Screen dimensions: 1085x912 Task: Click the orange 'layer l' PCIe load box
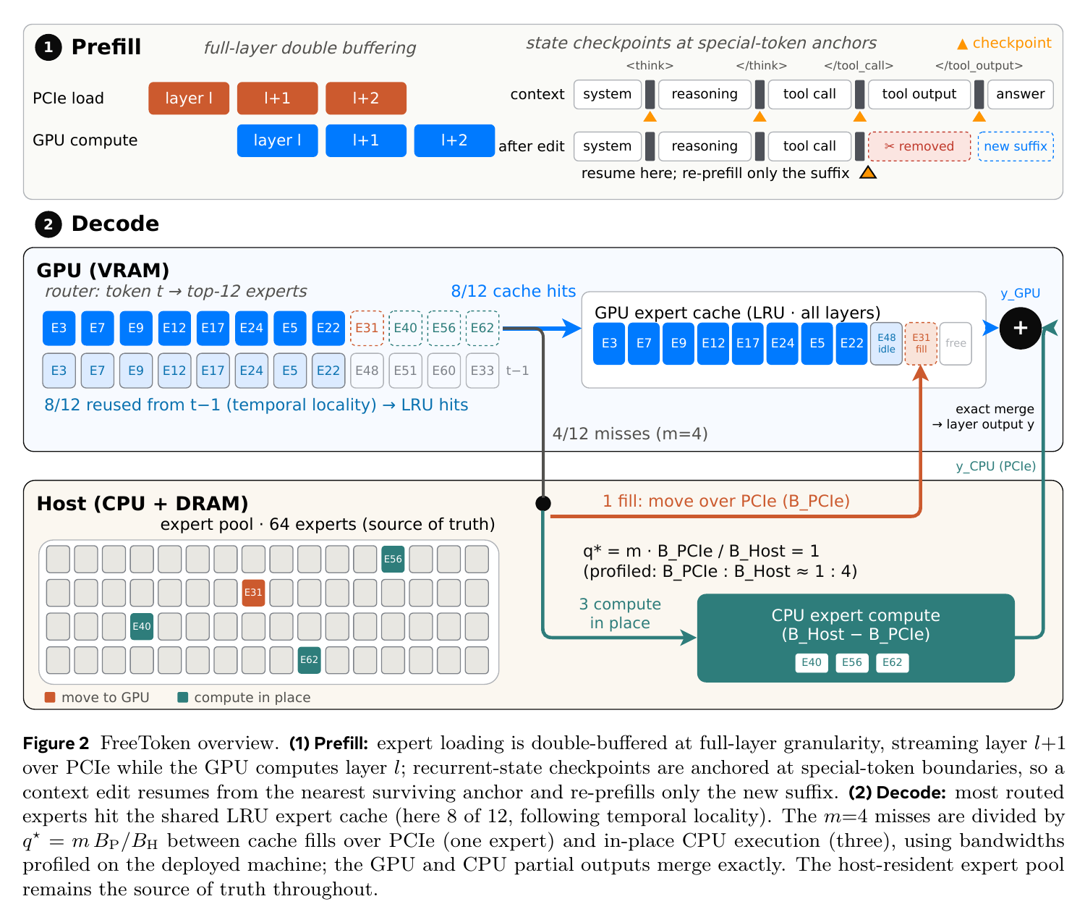[188, 98]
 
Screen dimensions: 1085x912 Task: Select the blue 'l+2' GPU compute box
[454, 140]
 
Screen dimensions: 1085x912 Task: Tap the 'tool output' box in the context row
[918, 94]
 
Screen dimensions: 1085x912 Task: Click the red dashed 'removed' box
[918, 146]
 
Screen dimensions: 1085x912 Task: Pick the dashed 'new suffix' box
[1015, 146]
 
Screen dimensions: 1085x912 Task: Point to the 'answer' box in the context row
[1019, 94]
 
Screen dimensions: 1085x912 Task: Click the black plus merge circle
[1019, 328]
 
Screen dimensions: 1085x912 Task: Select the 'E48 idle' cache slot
[886, 343]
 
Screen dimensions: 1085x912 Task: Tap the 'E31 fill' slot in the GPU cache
[920, 343]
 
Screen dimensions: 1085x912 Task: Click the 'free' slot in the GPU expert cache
[955, 343]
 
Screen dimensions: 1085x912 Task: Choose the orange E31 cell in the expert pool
[253, 592]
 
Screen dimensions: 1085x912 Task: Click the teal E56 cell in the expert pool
[392, 559]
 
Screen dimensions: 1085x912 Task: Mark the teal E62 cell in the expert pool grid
[309, 659]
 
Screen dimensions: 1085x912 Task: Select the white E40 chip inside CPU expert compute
[811, 662]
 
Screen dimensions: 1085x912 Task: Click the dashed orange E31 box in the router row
[366, 328]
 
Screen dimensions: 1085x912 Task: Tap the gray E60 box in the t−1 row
[443, 370]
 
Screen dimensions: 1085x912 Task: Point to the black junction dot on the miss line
[542, 503]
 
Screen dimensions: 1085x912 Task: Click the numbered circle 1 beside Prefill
[48, 47]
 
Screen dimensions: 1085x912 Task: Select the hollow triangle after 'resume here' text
[867, 172]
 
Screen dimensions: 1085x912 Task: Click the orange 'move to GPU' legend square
[50, 697]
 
